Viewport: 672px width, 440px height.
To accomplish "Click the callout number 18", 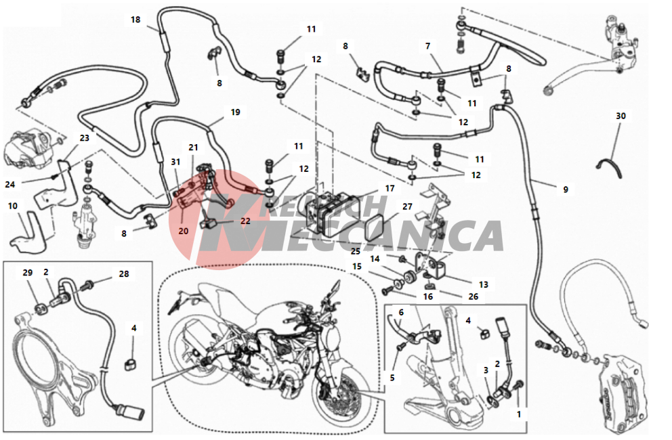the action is coord(135,20).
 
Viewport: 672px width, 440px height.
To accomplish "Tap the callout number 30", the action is coord(621,116).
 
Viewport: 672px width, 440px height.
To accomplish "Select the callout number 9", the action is coord(566,190).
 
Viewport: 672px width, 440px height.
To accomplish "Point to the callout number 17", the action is coord(390,188).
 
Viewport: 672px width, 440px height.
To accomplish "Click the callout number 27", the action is coord(407,206).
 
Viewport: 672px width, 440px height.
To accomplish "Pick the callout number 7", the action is coord(427,46).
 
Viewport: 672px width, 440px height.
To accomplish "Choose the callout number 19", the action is coord(235,112).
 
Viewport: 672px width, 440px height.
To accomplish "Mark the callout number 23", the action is coord(85,138).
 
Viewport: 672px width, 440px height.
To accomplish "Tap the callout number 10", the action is coord(13,206).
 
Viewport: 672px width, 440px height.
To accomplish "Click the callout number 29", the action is coord(27,273).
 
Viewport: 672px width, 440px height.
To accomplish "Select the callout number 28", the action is coord(124,273).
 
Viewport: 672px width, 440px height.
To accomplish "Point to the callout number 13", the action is coord(484,284).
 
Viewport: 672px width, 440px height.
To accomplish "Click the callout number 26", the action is coord(473,296).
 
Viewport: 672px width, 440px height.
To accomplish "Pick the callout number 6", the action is coord(401,312).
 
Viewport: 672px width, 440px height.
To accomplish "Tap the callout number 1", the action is coord(519,414).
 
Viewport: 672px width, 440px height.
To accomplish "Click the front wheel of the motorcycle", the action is coord(339,399).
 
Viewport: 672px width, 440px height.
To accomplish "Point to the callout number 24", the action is coord(10,185).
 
